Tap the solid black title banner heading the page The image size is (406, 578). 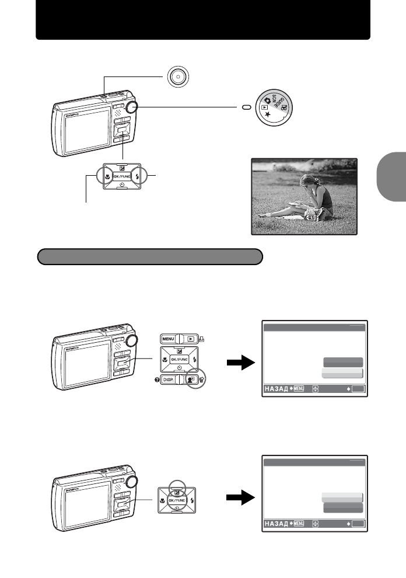[x=203, y=21]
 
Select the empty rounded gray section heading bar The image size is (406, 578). [x=150, y=257]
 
